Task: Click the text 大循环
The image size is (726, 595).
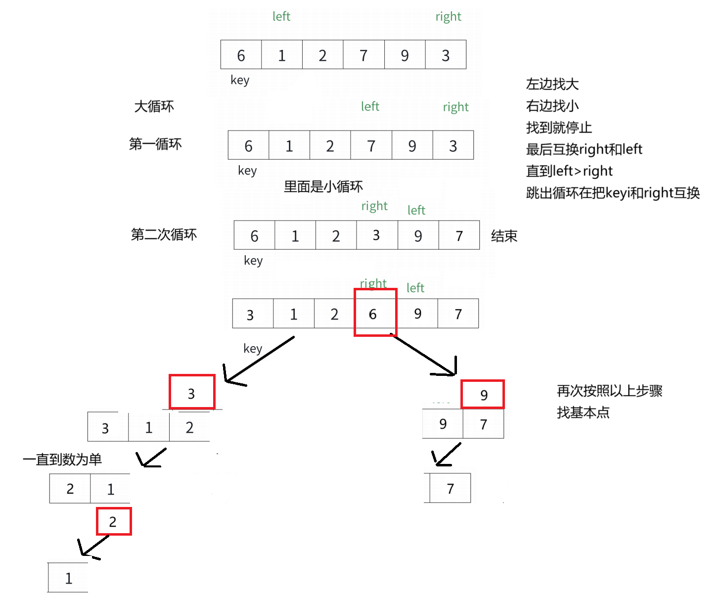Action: [x=154, y=106]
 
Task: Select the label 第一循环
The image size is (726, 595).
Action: [x=155, y=144]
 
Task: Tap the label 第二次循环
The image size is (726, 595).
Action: [x=164, y=234]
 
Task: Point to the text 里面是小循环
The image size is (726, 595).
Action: [x=323, y=186]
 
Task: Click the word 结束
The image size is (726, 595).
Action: [x=504, y=236]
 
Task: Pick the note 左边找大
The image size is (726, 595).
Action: [x=552, y=84]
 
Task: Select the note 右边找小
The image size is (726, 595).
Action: [x=552, y=106]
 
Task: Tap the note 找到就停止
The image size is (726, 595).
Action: [x=559, y=128]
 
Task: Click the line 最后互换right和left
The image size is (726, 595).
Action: [x=584, y=149]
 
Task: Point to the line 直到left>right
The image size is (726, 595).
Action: [x=569, y=171]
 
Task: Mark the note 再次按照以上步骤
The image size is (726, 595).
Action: [x=609, y=391]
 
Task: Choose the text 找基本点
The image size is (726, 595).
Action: [x=583, y=412]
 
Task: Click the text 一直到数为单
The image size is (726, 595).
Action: [x=62, y=459]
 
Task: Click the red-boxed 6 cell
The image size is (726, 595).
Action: [x=375, y=313]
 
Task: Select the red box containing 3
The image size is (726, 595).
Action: [x=192, y=392]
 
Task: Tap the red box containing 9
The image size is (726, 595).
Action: [x=483, y=394]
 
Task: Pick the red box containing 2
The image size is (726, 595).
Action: [x=114, y=521]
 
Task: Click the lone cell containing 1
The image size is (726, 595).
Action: [x=68, y=578]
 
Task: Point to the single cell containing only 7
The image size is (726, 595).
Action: [x=450, y=488]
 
